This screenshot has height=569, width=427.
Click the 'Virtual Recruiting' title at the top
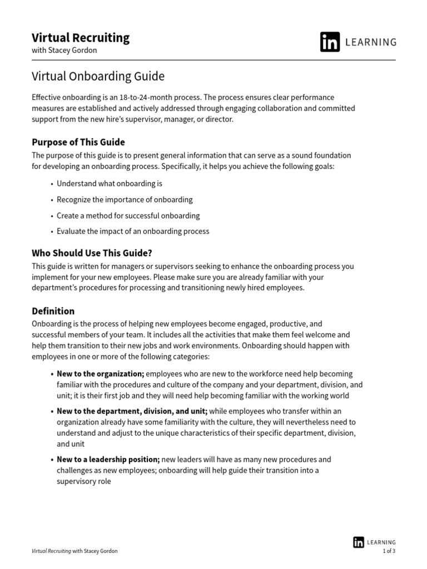click(81, 38)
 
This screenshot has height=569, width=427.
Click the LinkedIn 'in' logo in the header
click(330, 42)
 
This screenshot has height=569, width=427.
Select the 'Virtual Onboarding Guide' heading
click(98, 76)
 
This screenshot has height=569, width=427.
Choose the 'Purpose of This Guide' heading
click(78, 142)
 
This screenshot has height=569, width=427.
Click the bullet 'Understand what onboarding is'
click(110, 183)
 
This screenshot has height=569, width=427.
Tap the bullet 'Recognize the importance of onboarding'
click(125, 199)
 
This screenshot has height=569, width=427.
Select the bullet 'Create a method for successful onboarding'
click(128, 216)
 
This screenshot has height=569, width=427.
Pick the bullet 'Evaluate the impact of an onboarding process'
click(133, 231)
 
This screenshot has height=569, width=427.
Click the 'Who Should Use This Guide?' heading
click(92, 253)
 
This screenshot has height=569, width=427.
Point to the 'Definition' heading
click(53, 311)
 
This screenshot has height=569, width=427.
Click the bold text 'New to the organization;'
click(101, 374)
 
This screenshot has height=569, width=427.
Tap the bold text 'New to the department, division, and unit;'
click(132, 411)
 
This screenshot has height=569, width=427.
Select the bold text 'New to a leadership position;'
click(108, 460)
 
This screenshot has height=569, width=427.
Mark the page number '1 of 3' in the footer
click(389, 551)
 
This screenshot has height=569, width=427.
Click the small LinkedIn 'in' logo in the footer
click(359, 542)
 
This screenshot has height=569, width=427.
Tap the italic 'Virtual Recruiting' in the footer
click(51, 551)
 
